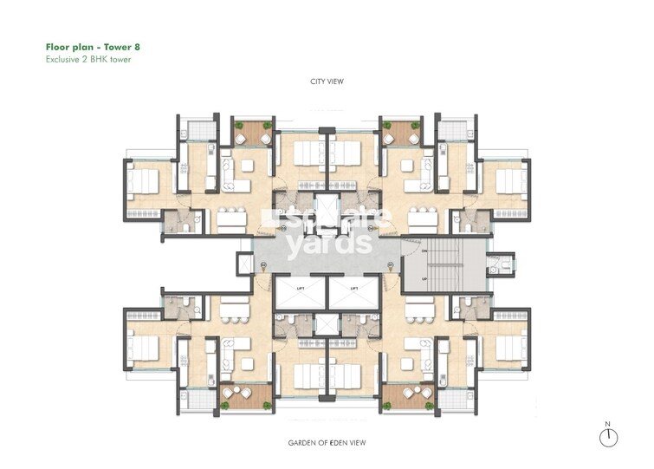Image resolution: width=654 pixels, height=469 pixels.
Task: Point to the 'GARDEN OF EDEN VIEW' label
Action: (x=327, y=442)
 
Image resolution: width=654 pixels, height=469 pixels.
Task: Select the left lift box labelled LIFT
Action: (x=300, y=295)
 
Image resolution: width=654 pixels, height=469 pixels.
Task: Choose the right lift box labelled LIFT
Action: (x=354, y=295)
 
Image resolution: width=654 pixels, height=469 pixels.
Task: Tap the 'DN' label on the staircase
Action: (x=424, y=251)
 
